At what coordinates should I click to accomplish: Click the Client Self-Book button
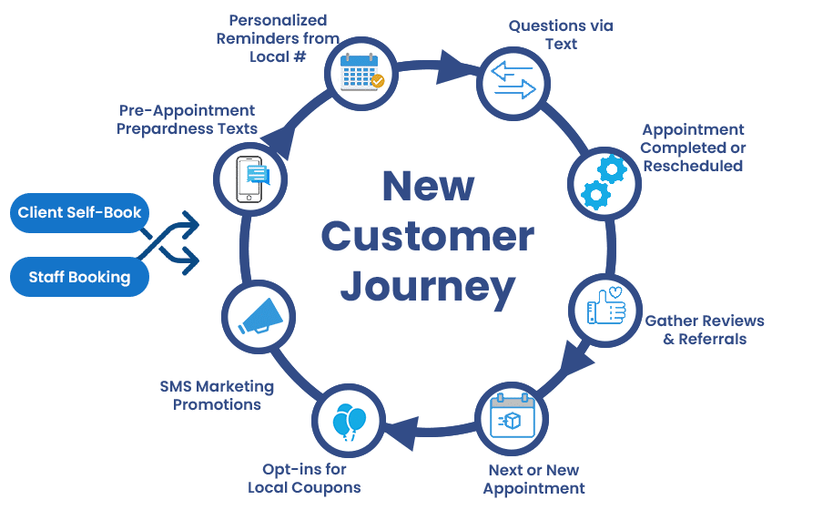tap(80, 213)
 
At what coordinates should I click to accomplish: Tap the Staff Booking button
tap(80, 277)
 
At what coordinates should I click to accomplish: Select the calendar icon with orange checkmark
tap(361, 73)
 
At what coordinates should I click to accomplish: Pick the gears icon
tap(604, 180)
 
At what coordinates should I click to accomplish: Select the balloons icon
tap(348, 422)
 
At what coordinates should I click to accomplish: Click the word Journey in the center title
tap(427, 286)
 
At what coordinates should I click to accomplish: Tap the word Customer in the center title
tap(427, 237)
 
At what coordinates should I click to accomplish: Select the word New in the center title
tap(427, 187)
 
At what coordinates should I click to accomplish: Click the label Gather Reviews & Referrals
tap(704, 330)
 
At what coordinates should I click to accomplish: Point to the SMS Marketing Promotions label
tap(217, 395)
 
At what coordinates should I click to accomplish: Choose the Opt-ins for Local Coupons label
tap(304, 478)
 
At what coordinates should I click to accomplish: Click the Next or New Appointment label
tap(533, 479)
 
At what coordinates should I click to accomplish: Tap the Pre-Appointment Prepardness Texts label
tap(188, 119)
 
